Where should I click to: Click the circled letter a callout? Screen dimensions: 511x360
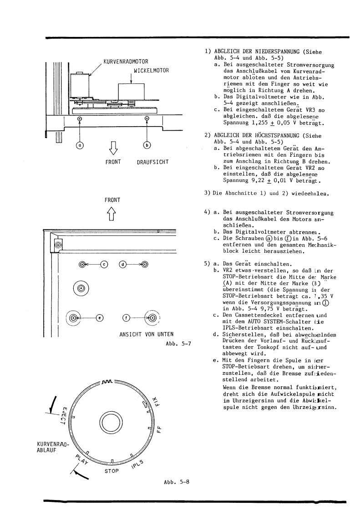[x=80, y=145]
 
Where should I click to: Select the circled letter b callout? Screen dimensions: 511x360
[x=147, y=145]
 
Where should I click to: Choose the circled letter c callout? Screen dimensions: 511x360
[x=104, y=264]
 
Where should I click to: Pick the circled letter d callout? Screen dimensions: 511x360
[x=122, y=264]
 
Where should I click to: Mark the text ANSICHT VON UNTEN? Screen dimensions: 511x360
[x=138, y=337]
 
